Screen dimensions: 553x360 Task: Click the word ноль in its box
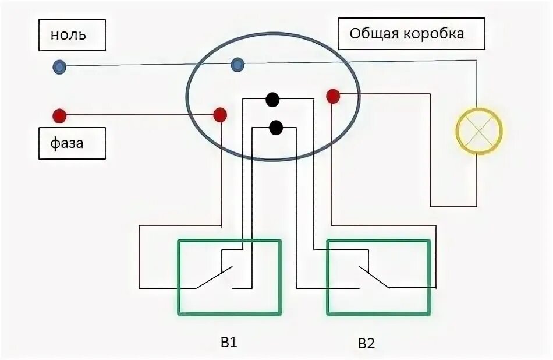pyautogui.click(x=68, y=36)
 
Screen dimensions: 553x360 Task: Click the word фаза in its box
pyautogui.click(x=66, y=143)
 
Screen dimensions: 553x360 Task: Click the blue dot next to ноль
pyautogui.click(x=59, y=67)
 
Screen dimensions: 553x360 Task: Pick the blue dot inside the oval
pyautogui.click(x=237, y=65)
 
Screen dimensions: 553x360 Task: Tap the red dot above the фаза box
pyautogui.click(x=59, y=115)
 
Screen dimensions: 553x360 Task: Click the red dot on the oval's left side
pyautogui.click(x=220, y=115)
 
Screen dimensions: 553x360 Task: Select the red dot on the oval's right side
pyautogui.click(x=333, y=96)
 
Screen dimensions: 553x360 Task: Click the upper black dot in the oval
pyautogui.click(x=272, y=100)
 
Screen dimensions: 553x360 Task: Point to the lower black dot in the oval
pyautogui.click(x=276, y=127)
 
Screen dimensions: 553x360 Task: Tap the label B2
pyautogui.click(x=366, y=343)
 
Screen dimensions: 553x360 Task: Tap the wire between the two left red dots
pyautogui.click(x=140, y=115)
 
